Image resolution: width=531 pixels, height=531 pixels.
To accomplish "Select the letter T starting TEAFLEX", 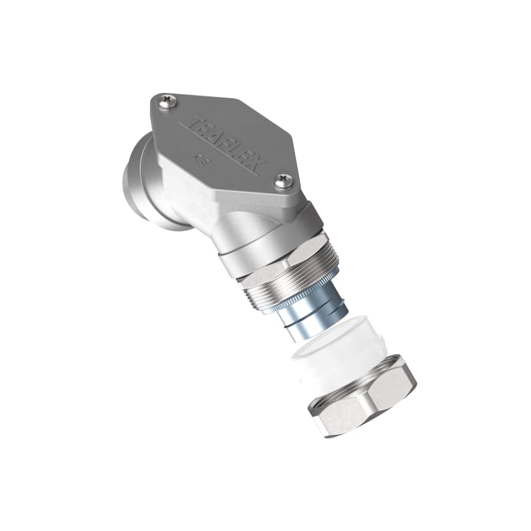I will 194,122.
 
